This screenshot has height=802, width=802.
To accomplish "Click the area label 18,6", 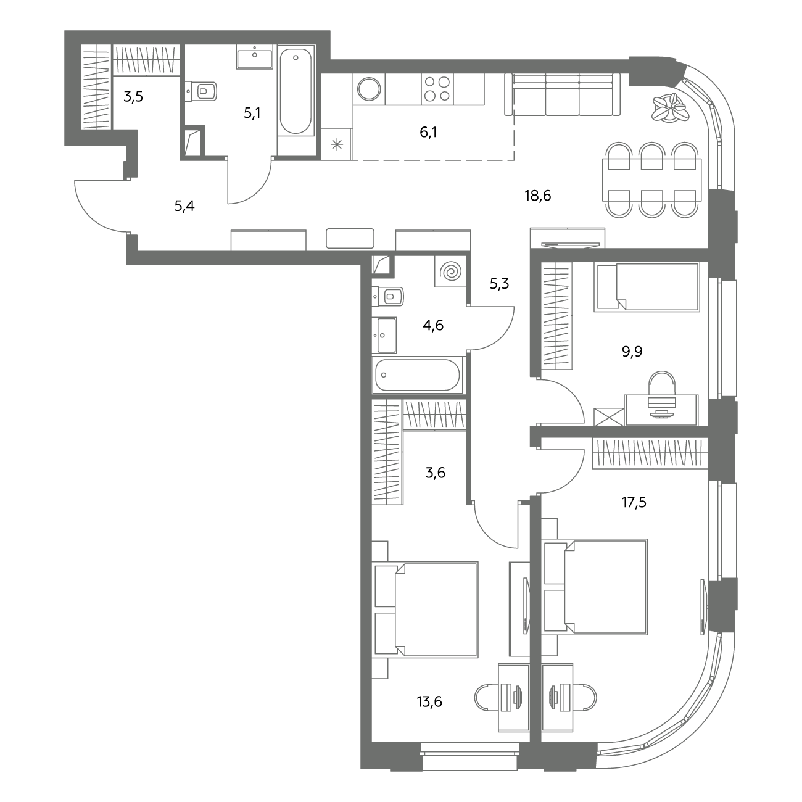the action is click(538, 195).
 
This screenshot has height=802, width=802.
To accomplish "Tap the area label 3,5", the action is click(133, 97).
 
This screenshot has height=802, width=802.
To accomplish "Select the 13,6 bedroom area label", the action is click(429, 701).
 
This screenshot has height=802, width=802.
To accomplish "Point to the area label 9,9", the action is click(632, 352).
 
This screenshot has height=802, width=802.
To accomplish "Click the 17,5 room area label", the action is click(634, 502).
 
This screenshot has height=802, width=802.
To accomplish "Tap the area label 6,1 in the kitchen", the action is click(428, 133).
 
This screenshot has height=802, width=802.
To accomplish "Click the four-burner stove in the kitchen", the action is click(437, 89).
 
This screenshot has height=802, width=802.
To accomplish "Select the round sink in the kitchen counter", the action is click(369, 89).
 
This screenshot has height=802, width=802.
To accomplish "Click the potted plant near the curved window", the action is click(669, 107).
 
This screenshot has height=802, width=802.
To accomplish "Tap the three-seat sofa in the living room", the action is click(562, 94).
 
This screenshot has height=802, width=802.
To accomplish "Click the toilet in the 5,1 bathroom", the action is click(202, 91).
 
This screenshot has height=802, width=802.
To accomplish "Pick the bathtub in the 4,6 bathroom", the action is click(418, 374).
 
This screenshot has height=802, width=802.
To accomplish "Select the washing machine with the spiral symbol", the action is click(450, 271).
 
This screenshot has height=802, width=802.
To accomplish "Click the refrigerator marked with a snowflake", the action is click(337, 144).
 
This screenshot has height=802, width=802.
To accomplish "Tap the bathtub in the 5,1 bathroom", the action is click(296, 90).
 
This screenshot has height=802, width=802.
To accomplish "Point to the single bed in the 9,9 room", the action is click(647, 287).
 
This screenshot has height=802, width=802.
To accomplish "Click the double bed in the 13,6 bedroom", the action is click(425, 610).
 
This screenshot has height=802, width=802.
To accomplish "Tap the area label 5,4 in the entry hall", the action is click(184, 206).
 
